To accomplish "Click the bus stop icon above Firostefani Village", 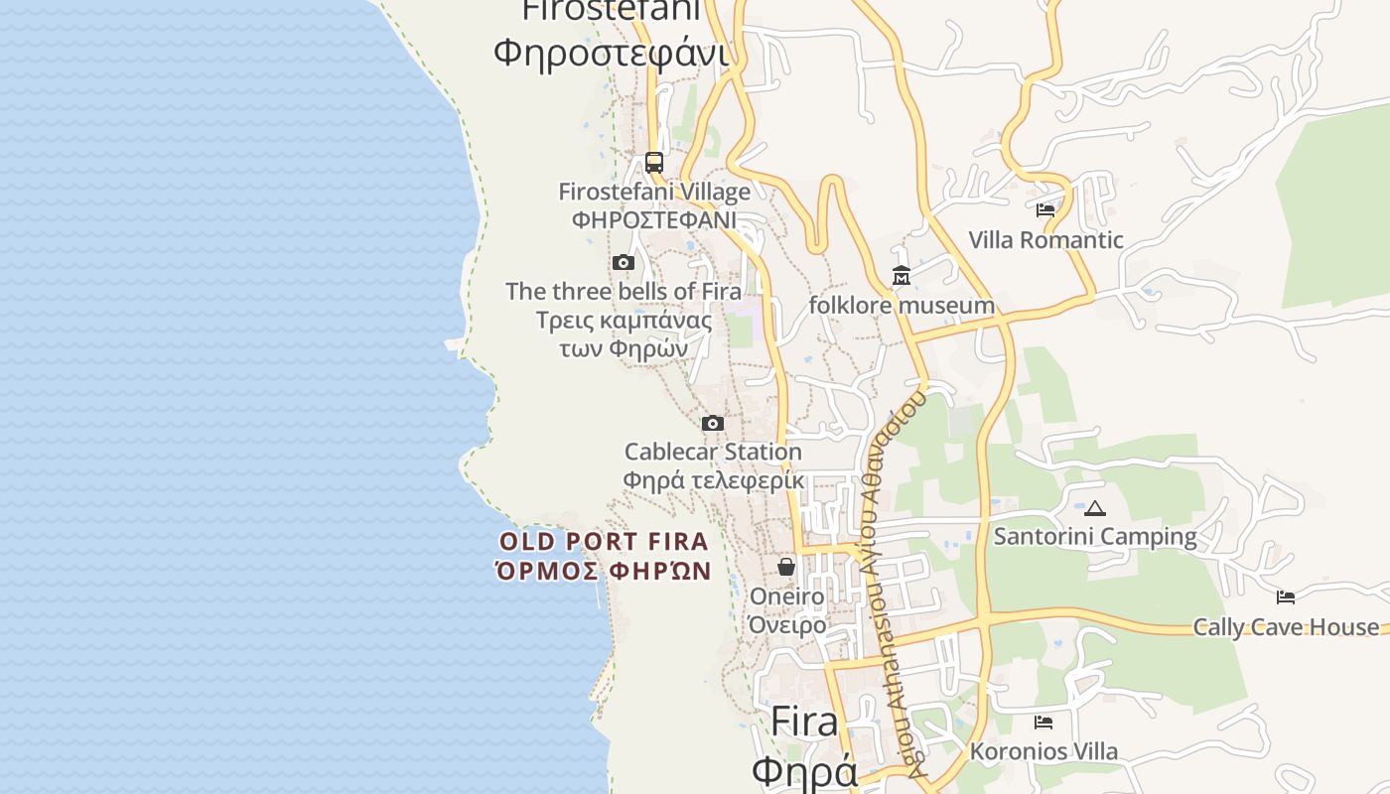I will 653,162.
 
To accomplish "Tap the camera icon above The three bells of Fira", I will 624,262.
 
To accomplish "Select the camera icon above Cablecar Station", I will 712,423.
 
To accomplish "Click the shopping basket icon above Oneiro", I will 786,567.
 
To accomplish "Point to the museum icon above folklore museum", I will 901,276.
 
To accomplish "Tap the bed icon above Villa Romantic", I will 1045,209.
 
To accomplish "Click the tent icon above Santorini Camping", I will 1095,508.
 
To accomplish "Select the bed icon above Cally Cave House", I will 1286,596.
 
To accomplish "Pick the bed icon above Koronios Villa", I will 1042,722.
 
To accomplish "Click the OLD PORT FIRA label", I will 604,542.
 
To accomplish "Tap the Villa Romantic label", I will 1045,240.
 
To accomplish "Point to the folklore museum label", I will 901,306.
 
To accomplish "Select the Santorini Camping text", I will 1095,537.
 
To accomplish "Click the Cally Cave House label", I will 1286,627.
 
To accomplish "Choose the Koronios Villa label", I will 1043,752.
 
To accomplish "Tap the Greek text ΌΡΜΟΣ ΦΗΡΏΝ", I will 604,571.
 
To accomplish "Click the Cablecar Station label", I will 713,453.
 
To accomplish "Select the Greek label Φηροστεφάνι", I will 611,52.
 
